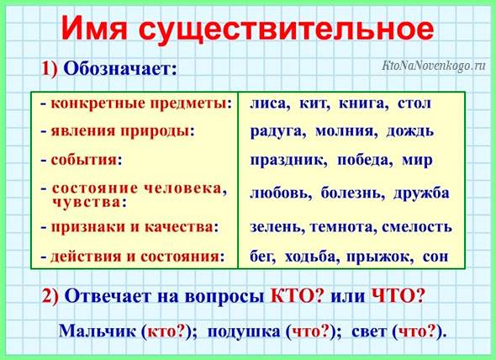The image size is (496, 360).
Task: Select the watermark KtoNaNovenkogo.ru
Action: pyautogui.click(x=433, y=66)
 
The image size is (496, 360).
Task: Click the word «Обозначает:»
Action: pyautogui.click(x=120, y=69)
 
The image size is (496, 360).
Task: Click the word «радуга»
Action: pyautogui.click(x=277, y=132)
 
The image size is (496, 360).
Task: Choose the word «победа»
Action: pyautogui.click(x=365, y=160)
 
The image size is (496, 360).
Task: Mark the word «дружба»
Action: pyautogui.click(x=421, y=193)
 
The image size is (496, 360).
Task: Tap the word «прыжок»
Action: pyautogui.click(x=380, y=257)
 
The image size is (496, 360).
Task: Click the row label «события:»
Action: pyautogui.click(x=87, y=160)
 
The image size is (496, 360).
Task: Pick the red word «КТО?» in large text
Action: pyautogui.click(x=297, y=296)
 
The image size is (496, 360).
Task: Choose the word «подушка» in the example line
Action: pyautogui.click(x=244, y=331)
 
